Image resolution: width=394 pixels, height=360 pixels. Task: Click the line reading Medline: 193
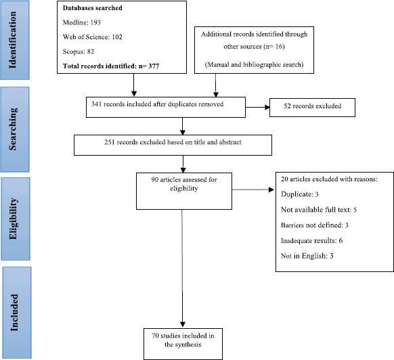pos(82,22)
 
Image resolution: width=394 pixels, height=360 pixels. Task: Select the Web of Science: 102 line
pos(93,37)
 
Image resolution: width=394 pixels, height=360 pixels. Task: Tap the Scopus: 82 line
pos(79,51)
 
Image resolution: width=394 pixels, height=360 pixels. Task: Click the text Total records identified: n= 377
pos(111,66)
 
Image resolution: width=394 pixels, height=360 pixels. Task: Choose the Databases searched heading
pos(93,8)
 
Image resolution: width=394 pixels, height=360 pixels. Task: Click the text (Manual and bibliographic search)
pos(254,65)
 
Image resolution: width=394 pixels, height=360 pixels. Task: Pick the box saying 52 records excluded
pos(312,108)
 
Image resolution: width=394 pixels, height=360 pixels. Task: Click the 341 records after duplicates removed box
pos(166,108)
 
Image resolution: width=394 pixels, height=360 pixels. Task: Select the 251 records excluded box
pos(173,145)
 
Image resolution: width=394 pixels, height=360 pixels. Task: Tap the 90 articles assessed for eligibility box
pos(184,192)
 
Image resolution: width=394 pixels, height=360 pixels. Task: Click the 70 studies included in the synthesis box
pos(183,344)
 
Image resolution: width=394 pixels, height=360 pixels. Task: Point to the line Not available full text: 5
pos(319,210)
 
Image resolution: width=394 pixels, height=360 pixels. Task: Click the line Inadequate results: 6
pos(311,241)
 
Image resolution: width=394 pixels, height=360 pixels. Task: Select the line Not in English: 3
pos(307,256)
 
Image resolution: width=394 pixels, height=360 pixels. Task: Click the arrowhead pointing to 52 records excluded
pos(267,108)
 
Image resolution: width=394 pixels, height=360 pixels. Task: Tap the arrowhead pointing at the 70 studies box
pos(183,324)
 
